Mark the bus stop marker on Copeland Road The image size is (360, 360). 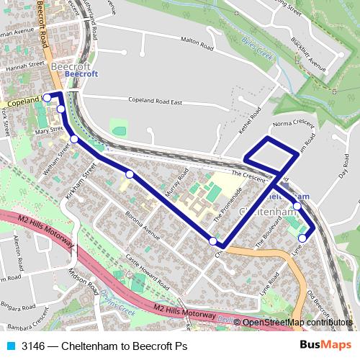point(47,97)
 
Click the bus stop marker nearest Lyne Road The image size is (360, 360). point(302,238)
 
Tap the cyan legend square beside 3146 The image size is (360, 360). point(11,346)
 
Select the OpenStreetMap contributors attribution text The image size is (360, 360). point(297,322)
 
